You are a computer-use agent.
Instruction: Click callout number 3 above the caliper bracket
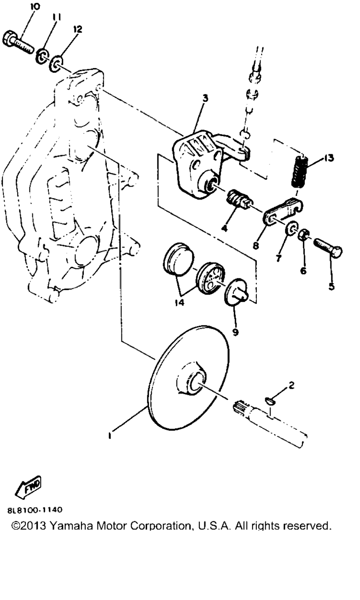[x=205, y=98]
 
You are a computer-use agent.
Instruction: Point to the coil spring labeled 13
[x=300, y=171]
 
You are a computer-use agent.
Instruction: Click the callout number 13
[x=329, y=158]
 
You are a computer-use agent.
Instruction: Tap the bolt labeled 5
[x=328, y=246]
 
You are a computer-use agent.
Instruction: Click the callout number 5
[x=331, y=286]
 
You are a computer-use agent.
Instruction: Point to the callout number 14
[x=180, y=303]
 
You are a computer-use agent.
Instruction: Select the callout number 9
[x=235, y=332]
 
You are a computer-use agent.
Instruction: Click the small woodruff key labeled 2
[x=269, y=400]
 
